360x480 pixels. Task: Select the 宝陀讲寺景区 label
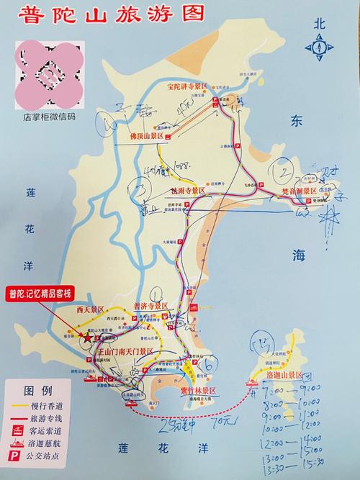[186, 87]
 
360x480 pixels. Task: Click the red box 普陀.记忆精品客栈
[40, 293]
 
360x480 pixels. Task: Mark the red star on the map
[87, 337]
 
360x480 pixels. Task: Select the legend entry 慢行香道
[52, 404]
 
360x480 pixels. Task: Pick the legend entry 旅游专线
[52, 417]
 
